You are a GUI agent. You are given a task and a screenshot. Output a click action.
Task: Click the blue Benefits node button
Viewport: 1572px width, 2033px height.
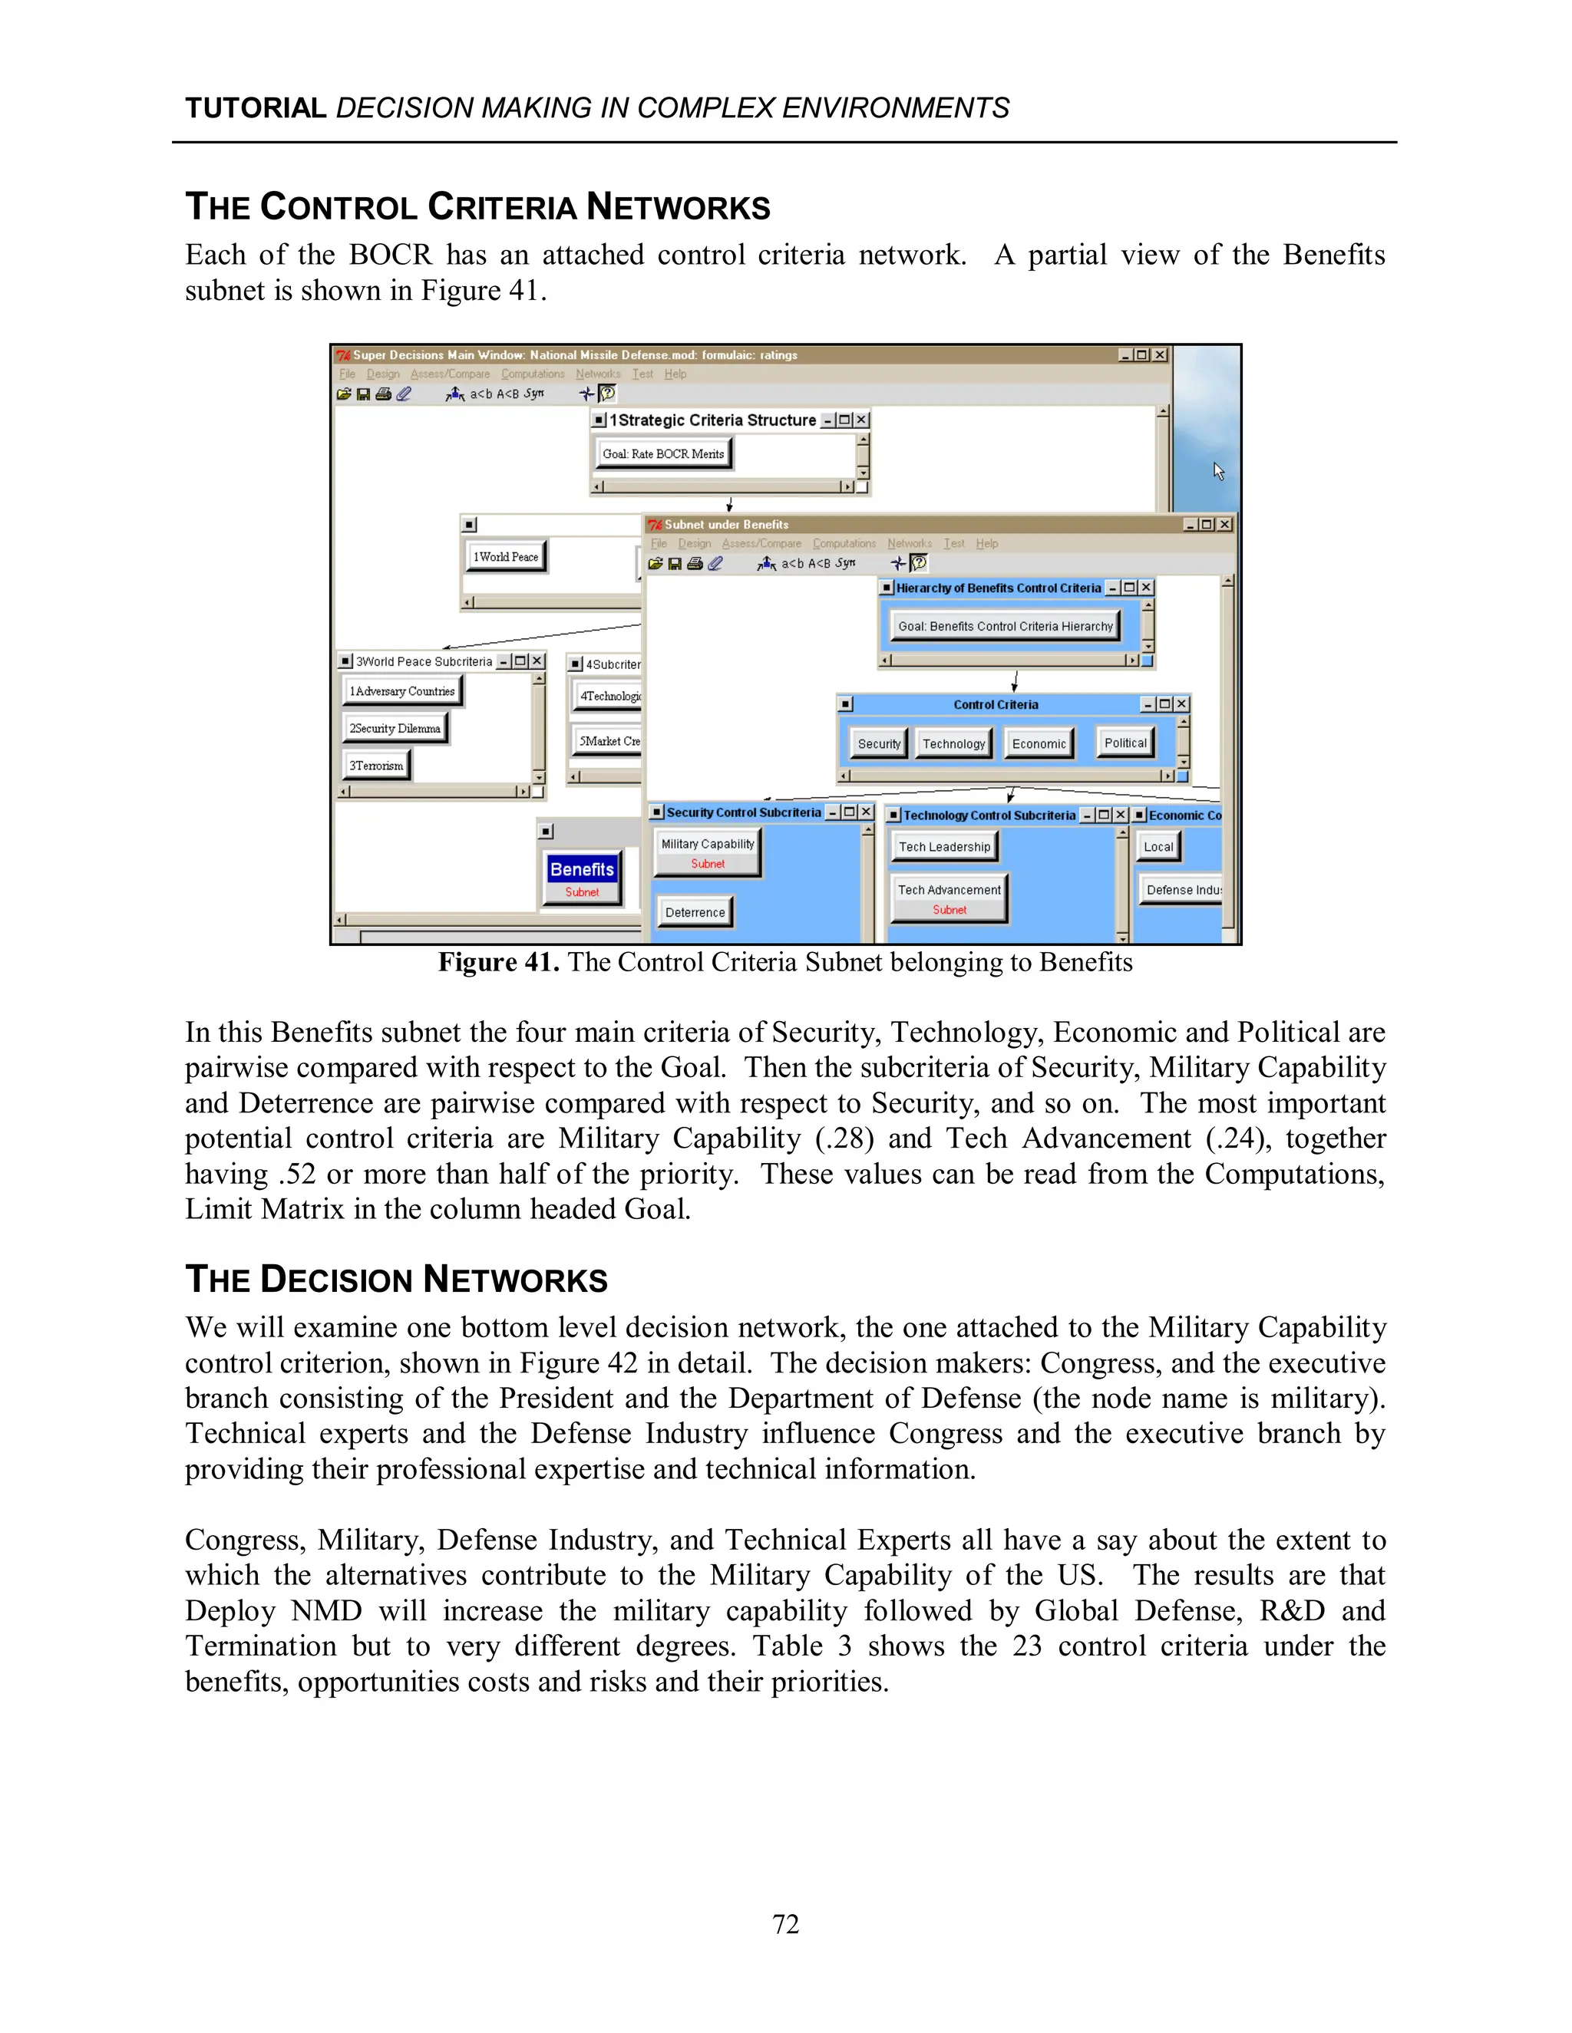(x=582, y=877)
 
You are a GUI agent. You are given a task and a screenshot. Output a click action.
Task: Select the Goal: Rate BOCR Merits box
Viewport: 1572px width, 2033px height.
(x=663, y=453)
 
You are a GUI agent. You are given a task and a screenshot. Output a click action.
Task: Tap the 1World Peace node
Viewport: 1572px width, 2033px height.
(x=506, y=557)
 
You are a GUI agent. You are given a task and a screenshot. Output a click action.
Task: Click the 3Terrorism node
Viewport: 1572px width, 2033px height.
(x=376, y=765)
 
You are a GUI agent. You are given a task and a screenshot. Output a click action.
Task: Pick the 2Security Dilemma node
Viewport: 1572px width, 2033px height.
(x=395, y=728)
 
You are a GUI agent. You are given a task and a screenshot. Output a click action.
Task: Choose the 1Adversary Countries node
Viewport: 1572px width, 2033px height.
(x=402, y=690)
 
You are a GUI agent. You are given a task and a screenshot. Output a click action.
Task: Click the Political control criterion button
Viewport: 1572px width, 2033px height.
(x=1125, y=743)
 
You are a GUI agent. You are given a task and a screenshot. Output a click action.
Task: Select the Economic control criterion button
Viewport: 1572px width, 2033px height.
(x=1039, y=743)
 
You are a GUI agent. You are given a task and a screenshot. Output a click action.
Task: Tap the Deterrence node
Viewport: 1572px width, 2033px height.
(x=695, y=912)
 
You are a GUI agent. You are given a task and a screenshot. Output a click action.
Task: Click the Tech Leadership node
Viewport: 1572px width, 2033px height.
(x=944, y=846)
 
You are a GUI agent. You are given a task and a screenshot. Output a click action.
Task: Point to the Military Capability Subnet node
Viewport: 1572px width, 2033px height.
(x=708, y=852)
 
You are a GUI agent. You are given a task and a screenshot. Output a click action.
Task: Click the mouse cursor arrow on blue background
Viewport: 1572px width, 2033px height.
(x=1218, y=471)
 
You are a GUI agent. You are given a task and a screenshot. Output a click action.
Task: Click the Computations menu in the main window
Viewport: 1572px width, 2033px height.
(x=533, y=374)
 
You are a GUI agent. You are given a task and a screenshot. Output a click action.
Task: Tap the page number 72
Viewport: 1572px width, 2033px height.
(x=785, y=1924)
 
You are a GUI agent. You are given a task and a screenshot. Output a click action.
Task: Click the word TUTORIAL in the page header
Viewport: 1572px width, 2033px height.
(x=255, y=108)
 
